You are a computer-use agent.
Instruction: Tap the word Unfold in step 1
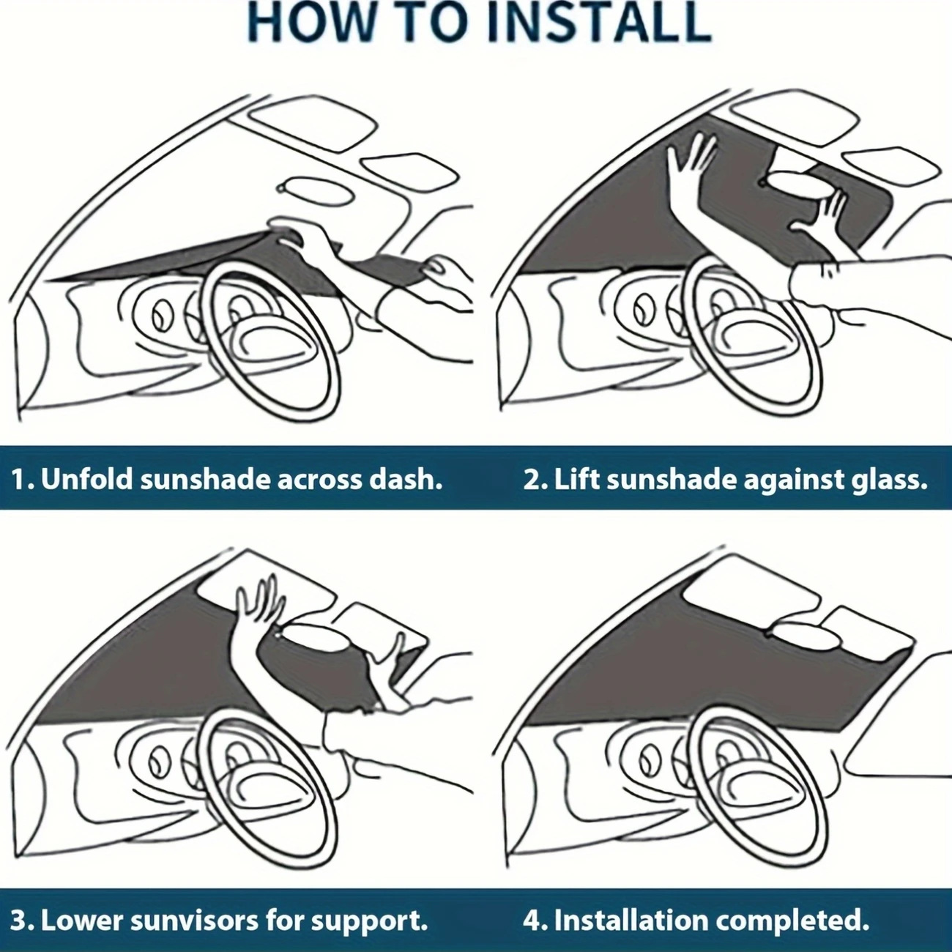pyautogui.click(x=88, y=480)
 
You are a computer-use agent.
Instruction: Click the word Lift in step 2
pyautogui.click(x=576, y=480)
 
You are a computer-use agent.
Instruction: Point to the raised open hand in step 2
pyautogui.click(x=692, y=161)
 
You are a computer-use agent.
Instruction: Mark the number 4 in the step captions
pyautogui.click(x=531, y=920)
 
